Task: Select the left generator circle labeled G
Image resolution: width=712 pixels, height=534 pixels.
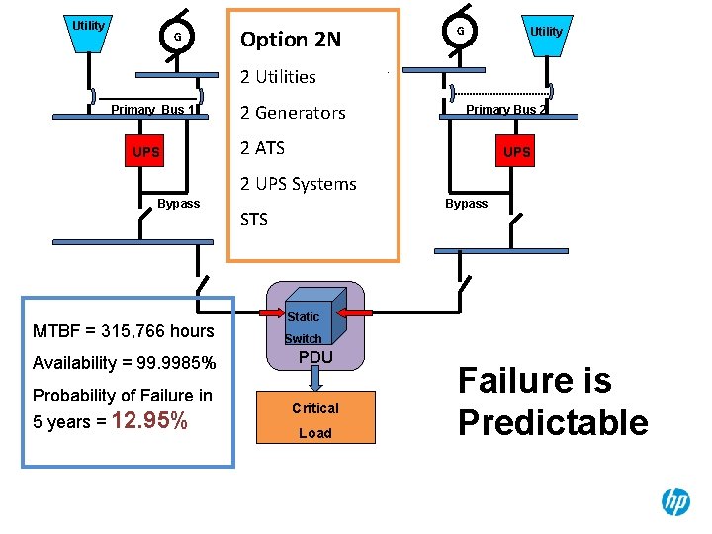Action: (177, 38)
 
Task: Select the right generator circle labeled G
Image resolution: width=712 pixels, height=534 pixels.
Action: (460, 32)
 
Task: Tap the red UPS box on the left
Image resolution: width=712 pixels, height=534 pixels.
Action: (147, 152)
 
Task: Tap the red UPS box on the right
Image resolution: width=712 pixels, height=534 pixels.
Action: (516, 152)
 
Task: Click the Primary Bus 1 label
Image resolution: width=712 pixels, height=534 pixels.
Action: (153, 110)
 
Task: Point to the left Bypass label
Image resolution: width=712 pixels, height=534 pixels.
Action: (178, 203)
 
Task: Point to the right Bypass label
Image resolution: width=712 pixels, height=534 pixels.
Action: (466, 203)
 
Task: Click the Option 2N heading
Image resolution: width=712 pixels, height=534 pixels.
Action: (291, 40)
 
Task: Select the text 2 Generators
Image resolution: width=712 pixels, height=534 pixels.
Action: (293, 113)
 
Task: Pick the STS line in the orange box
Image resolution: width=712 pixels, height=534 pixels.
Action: (254, 220)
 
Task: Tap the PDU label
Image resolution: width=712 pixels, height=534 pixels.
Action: (315, 356)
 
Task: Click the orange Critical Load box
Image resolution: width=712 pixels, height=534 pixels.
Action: (315, 419)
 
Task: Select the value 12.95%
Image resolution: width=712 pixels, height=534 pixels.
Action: (151, 422)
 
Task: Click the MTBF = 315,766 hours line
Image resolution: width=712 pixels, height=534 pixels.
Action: (124, 330)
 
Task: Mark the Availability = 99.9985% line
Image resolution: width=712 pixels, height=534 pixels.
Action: (125, 362)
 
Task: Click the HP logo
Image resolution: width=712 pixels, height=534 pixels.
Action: (675, 501)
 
